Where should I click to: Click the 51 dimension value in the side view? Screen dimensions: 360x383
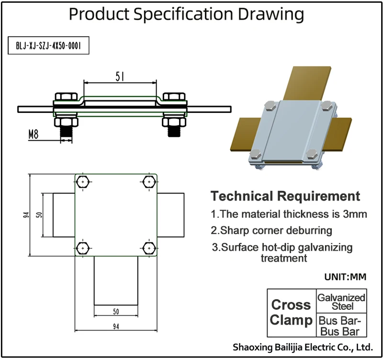[121, 76]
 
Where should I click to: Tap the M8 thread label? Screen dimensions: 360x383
[34, 135]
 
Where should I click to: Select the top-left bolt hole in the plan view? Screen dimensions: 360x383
[83, 182]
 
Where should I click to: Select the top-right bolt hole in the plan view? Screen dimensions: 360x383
[148, 182]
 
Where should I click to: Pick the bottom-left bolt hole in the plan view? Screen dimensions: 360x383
[83, 248]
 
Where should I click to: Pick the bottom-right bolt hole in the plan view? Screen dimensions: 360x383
[148, 248]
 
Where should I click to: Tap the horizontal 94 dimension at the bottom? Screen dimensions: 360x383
[116, 326]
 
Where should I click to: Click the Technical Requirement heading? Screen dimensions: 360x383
[285, 196]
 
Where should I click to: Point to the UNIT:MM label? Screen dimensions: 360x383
[345, 277]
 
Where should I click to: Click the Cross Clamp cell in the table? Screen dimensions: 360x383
[291, 313]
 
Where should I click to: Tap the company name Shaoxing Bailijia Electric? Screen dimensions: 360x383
[302, 347]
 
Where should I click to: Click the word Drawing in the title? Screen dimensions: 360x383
[266, 14]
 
